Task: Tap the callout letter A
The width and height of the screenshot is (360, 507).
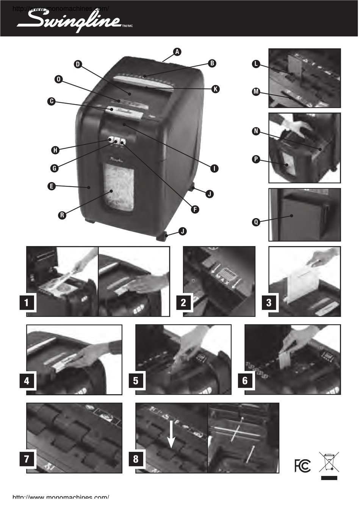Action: tap(177, 51)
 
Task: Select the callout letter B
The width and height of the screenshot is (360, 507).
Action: tap(212, 63)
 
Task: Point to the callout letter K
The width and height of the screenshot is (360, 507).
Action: tap(215, 89)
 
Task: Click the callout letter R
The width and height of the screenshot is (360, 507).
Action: tap(62, 215)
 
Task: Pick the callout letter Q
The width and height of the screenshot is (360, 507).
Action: tap(256, 222)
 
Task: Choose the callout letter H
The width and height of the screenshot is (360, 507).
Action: tap(55, 150)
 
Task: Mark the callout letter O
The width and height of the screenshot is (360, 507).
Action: tap(58, 79)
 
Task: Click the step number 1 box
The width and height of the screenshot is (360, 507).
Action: tap(27, 303)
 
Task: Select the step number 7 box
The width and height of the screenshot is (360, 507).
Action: tap(27, 459)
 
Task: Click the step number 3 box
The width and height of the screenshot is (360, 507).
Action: tap(269, 303)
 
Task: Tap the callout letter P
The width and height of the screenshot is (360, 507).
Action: tap(256, 159)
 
